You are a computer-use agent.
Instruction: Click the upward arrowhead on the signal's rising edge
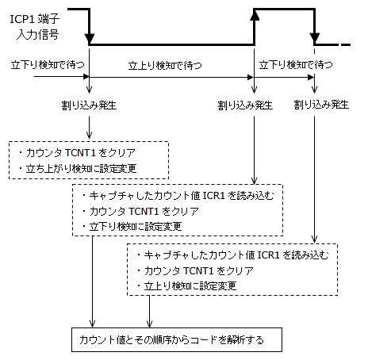tap(255, 13)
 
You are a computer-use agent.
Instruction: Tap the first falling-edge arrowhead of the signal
tap(90, 39)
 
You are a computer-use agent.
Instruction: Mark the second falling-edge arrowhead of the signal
tap(315, 39)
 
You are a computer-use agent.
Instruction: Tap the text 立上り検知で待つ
tap(163, 67)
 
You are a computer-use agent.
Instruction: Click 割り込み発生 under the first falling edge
tap(90, 105)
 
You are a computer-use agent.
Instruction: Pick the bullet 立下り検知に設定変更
tap(135, 226)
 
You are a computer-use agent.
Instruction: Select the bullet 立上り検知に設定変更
tap(190, 284)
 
